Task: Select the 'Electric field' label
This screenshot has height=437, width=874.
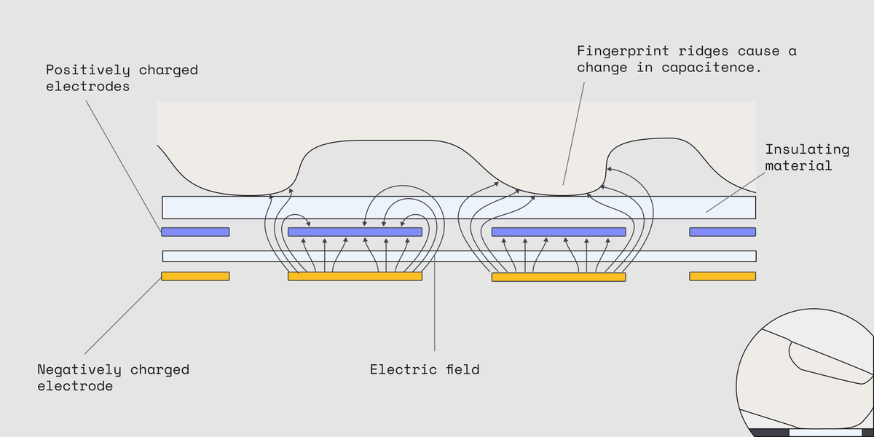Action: point(425,369)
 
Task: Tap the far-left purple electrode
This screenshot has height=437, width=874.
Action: point(195,232)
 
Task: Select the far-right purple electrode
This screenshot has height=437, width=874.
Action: point(723,232)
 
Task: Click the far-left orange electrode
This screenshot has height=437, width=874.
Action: point(195,276)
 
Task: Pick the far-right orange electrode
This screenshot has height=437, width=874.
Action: point(723,276)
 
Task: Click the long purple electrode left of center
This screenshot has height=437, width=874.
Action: point(355,232)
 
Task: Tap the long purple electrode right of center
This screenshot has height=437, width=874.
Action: point(559,232)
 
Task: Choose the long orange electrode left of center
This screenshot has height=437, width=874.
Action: point(355,277)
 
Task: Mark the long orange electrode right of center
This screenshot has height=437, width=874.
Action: point(559,277)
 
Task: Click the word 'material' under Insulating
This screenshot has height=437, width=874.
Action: point(798,166)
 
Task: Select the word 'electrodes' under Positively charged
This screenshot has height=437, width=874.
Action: point(88,87)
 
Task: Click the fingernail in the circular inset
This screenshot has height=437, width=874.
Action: point(830,364)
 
